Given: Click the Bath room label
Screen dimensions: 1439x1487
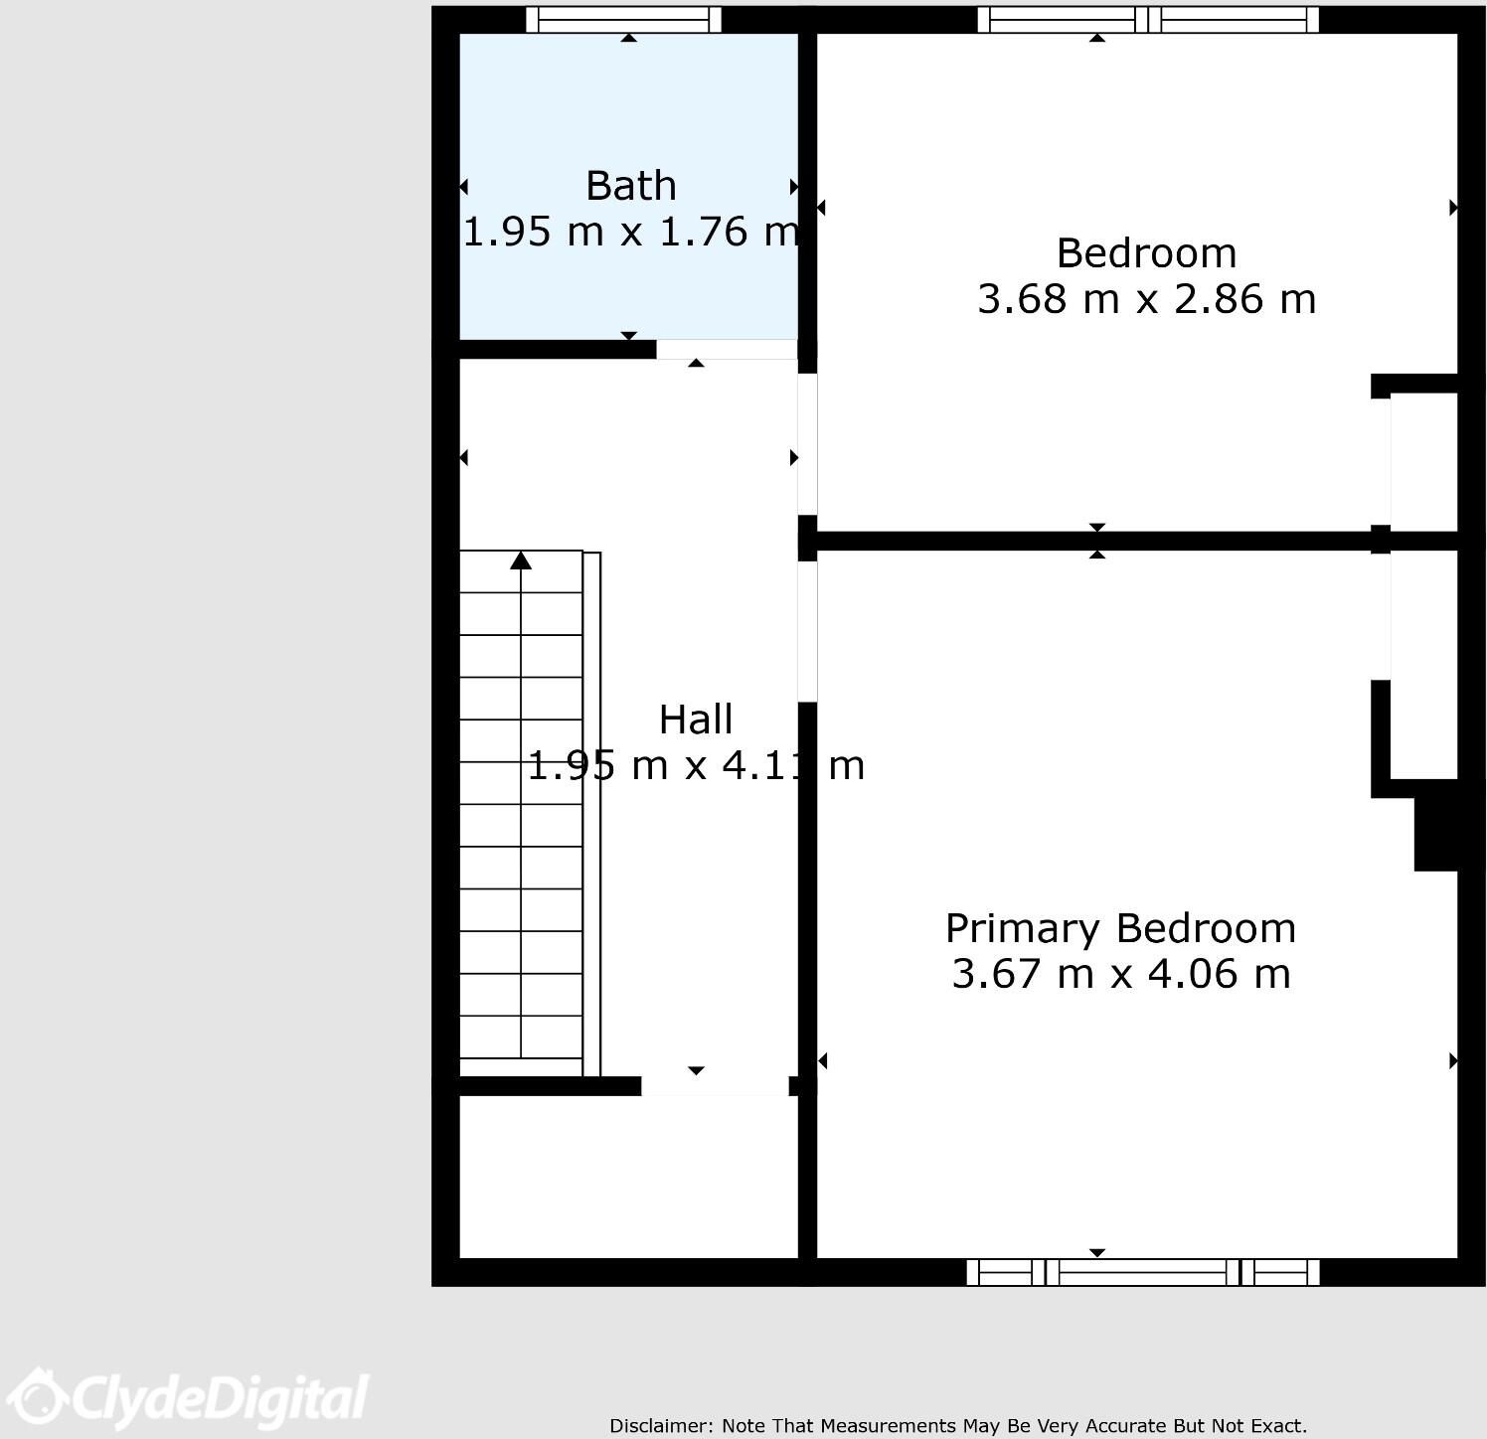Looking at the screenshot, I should (630, 186).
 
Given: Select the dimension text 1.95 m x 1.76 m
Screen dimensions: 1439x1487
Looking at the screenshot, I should (630, 232).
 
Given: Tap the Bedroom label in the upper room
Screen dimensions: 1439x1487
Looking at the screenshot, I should (1145, 253).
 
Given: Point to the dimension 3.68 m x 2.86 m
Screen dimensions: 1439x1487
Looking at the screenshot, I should (1145, 299).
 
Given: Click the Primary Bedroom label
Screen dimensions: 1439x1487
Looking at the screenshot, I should (1120, 928).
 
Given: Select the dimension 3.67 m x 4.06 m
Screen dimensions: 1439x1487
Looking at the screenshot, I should (1120, 973).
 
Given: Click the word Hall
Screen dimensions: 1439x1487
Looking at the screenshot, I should (696, 719).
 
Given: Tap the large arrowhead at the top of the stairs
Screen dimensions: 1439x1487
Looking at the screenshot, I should (521, 561).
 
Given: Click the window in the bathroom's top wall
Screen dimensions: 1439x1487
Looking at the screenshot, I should (623, 20).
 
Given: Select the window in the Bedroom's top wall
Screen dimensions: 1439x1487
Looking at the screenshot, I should (1148, 20).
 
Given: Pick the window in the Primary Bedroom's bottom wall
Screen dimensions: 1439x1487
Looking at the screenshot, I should (1143, 1272).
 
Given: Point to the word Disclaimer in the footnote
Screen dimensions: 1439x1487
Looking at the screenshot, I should (660, 1426).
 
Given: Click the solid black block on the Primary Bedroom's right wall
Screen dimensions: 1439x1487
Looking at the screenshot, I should (1435, 825).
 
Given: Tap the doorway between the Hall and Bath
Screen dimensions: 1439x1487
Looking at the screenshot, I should (726, 350).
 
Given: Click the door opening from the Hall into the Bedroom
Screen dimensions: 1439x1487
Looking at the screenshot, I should (808, 444).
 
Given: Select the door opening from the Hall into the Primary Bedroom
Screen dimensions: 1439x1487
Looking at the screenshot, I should (808, 631).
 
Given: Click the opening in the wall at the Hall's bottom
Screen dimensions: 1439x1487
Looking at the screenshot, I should (715, 1086).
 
